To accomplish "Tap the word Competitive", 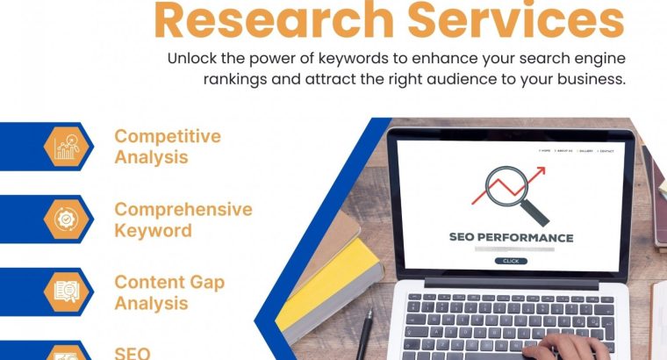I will coord(168,137).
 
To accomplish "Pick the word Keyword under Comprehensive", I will coord(153,230).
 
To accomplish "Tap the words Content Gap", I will coord(169,283).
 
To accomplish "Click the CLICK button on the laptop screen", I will coord(511,261).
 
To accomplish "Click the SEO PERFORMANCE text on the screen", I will coord(511,237).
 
